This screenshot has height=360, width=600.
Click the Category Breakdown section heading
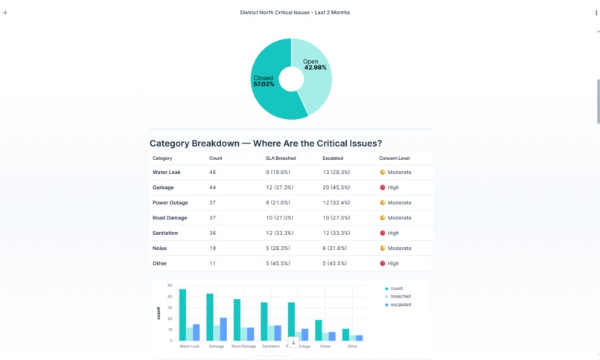(265, 143)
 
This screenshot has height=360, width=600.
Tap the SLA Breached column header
(281, 158)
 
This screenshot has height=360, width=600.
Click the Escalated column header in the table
(333, 158)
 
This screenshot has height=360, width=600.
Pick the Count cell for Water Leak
(212, 172)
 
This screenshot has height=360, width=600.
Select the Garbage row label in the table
(163, 187)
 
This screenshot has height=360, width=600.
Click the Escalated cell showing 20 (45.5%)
(336, 187)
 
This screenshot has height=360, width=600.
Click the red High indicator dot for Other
(383, 263)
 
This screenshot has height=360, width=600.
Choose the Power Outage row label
(170, 202)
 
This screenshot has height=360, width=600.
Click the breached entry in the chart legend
(400, 296)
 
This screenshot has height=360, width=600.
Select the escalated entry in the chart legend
(400, 304)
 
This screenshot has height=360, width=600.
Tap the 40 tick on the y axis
(170, 296)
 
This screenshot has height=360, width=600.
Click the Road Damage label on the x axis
(243, 346)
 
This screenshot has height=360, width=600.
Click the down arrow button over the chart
(293, 342)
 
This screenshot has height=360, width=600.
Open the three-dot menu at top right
(596, 13)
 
